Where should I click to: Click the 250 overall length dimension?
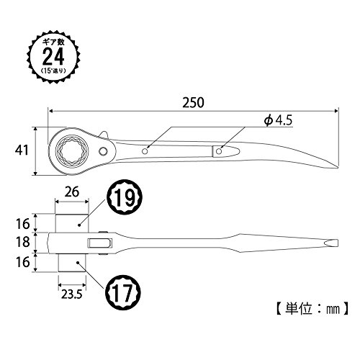[x=194, y=102]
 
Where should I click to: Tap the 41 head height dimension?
[x=22, y=150]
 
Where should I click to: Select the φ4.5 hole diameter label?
[x=279, y=120]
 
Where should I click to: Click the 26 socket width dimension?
[x=72, y=192]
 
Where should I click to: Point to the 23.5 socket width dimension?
[x=72, y=294]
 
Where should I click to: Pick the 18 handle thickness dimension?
[x=23, y=242]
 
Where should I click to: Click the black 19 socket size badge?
[x=125, y=197]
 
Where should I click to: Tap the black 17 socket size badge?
[x=123, y=293]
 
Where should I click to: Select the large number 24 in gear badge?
[x=53, y=56]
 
